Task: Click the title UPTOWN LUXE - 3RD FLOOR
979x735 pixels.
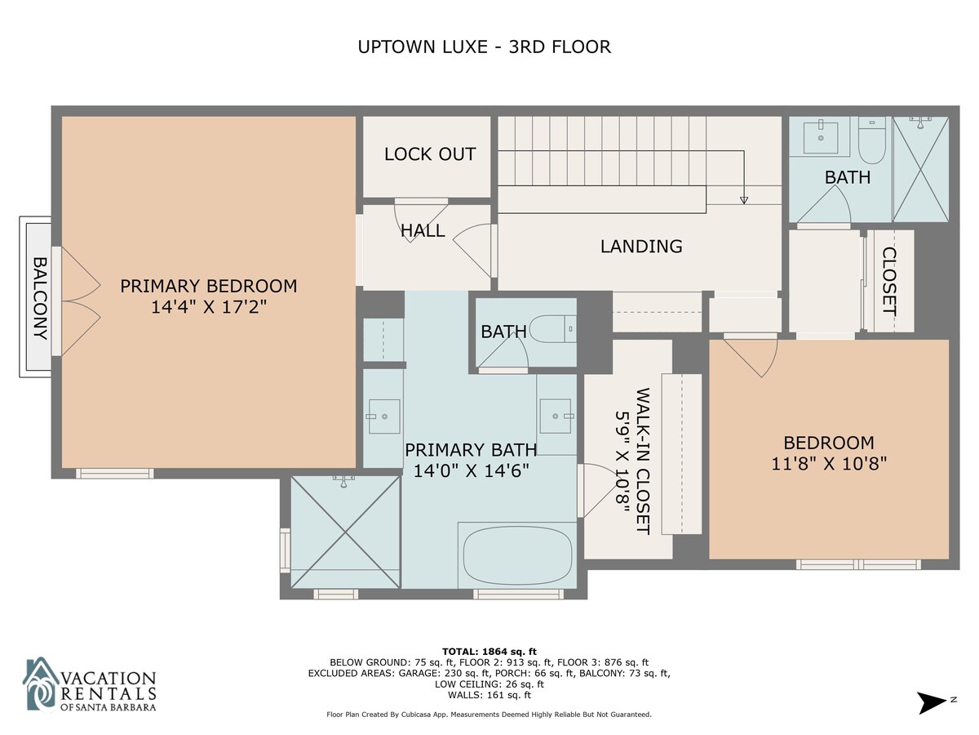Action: pyautogui.click(x=484, y=47)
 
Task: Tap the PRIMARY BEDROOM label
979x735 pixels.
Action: pyautogui.click(x=209, y=286)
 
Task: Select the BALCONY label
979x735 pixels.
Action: pyautogui.click(x=40, y=298)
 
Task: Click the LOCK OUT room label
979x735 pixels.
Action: pyautogui.click(x=430, y=154)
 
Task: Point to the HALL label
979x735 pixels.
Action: pyautogui.click(x=423, y=231)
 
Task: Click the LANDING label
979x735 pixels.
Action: pyautogui.click(x=641, y=247)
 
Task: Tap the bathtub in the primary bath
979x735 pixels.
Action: pyautogui.click(x=517, y=555)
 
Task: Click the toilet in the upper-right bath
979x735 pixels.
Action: pyautogui.click(x=872, y=140)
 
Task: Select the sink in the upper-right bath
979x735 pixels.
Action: pyautogui.click(x=820, y=137)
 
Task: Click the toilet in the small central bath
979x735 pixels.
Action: pyautogui.click(x=552, y=329)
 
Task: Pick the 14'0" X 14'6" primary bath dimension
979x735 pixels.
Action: pyautogui.click(x=472, y=471)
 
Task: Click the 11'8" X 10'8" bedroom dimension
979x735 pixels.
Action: pyautogui.click(x=829, y=464)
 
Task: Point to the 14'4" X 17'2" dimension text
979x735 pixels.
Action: pyautogui.click(x=209, y=307)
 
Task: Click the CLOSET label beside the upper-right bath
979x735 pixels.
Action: pyautogui.click(x=889, y=281)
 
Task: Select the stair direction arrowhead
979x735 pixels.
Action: pyautogui.click(x=743, y=200)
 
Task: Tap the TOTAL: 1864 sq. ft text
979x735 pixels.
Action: pyautogui.click(x=489, y=652)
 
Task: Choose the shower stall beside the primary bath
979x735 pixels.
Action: pyautogui.click(x=346, y=532)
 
